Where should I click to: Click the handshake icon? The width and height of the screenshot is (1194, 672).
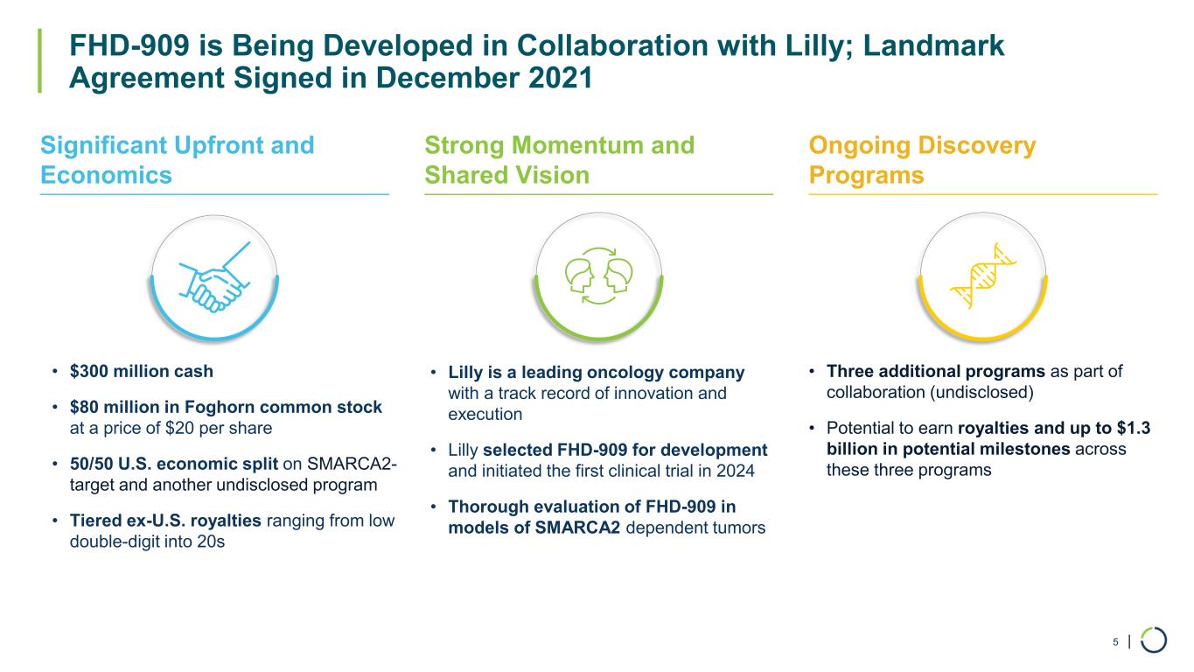click(214, 277)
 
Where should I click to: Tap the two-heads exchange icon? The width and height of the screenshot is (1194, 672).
click(598, 276)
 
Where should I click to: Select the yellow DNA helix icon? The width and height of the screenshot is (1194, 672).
click(983, 276)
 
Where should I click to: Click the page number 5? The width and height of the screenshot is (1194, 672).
click(1115, 641)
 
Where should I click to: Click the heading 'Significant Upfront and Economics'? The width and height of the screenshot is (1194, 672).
click(178, 160)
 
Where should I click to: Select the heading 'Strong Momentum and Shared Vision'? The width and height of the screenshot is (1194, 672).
click(560, 160)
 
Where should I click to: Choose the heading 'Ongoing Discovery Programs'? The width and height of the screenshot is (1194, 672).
click(922, 160)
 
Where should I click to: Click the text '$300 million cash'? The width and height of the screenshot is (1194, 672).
click(141, 371)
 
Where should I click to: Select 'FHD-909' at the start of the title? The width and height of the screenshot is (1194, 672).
click(129, 45)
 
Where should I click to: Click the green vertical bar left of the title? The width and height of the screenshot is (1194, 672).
click(39, 60)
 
